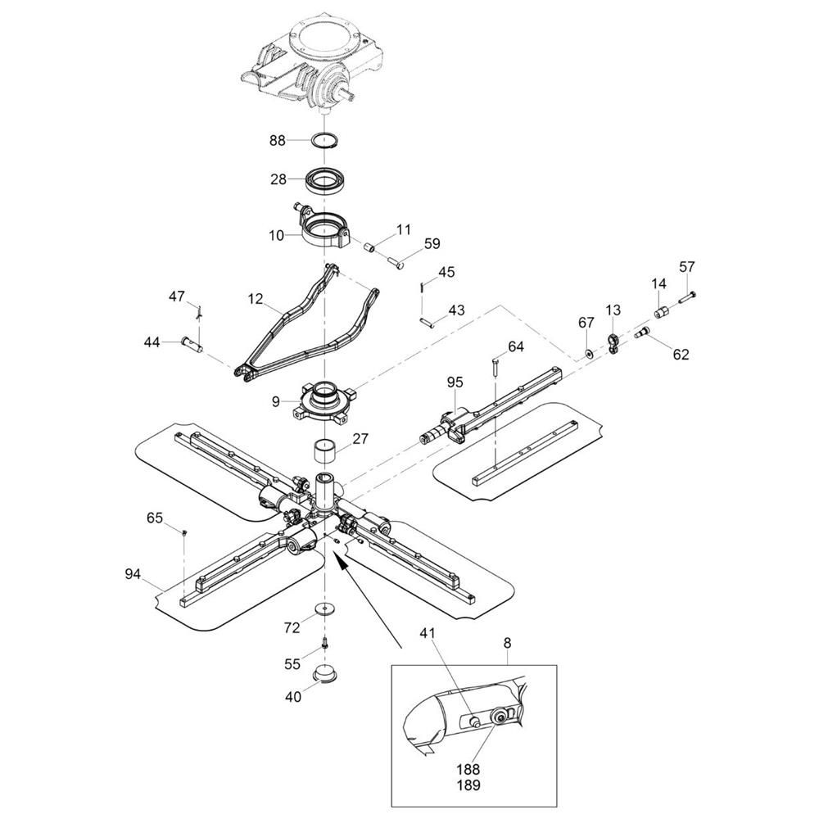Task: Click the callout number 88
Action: (x=278, y=141)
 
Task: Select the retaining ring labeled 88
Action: (x=324, y=141)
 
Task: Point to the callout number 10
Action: (x=276, y=236)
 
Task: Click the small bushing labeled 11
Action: (x=370, y=247)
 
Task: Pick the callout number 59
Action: (x=432, y=243)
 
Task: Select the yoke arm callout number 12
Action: (x=256, y=299)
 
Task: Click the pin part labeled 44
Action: (x=191, y=343)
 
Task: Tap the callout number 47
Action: (x=177, y=296)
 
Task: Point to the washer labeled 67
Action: (x=589, y=354)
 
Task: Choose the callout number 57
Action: (x=687, y=267)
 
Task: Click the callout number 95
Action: (x=455, y=382)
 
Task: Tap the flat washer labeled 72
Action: (x=324, y=609)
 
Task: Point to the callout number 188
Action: (x=468, y=769)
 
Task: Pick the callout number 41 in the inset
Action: (x=427, y=633)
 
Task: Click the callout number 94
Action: (x=133, y=574)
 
